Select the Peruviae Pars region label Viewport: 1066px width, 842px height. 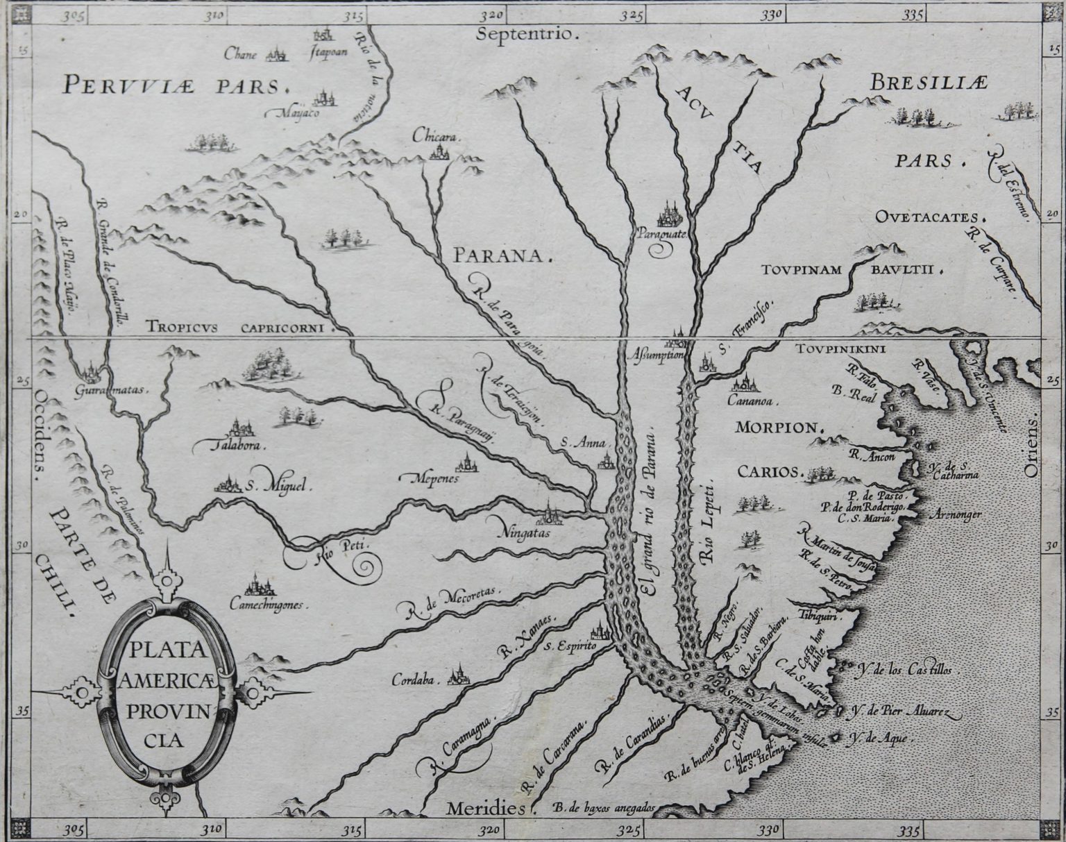174,85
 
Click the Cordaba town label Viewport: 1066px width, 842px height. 416,680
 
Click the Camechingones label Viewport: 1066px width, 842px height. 267,605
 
